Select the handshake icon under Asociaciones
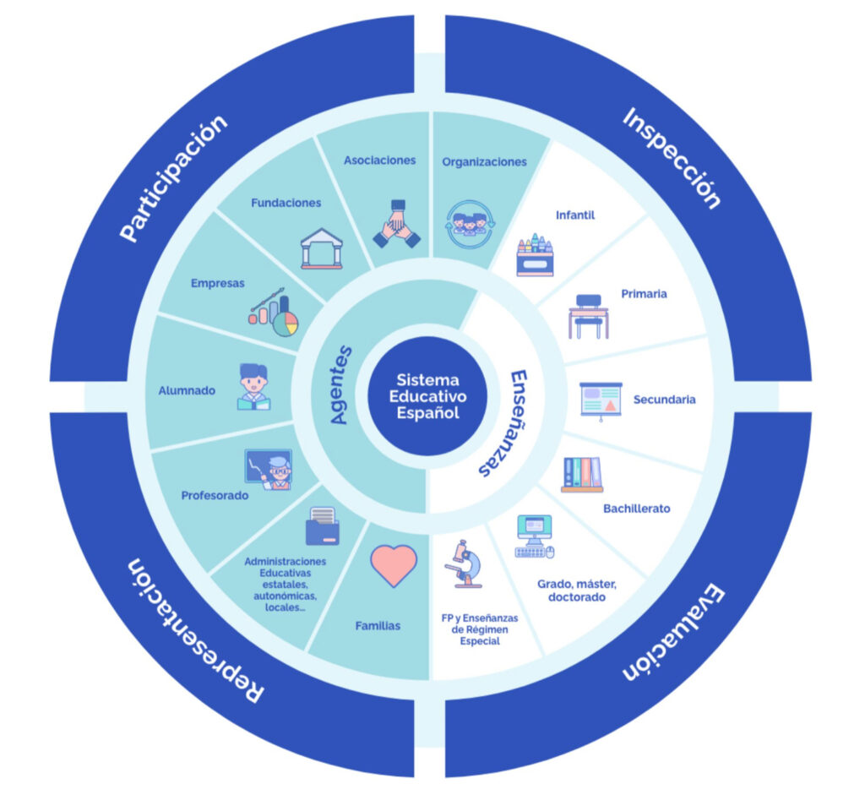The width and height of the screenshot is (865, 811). [x=397, y=224]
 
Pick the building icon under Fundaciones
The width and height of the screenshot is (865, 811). [x=322, y=248]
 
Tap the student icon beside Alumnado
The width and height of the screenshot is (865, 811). [x=253, y=387]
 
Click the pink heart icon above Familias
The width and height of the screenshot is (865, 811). [x=394, y=565]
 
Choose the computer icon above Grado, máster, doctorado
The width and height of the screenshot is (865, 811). [x=534, y=536]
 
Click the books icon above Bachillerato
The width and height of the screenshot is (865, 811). [x=583, y=474]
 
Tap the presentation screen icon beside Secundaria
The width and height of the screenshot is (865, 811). [x=601, y=399]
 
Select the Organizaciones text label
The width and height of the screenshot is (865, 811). [x=484, y=162]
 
